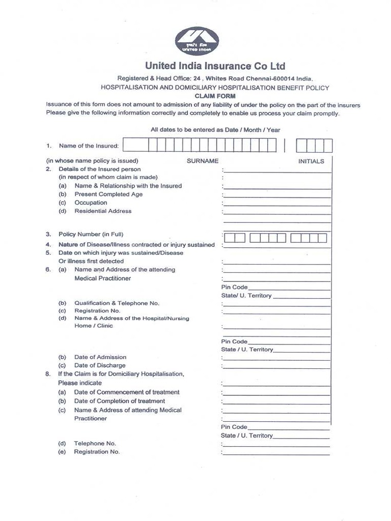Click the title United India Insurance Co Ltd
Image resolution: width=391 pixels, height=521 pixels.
215,66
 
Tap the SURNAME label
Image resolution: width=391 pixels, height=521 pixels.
203,161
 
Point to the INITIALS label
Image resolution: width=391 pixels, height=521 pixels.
311,161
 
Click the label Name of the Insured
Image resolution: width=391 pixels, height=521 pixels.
89,146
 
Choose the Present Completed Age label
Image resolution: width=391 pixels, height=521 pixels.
108,194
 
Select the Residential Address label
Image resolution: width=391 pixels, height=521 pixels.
103,211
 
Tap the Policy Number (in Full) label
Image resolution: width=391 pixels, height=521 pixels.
91,235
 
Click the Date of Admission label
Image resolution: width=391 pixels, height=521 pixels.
100,357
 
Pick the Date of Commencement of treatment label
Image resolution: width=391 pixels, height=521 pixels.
127,392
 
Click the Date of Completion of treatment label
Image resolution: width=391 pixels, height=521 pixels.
120,401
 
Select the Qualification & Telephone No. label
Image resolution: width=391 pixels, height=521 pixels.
117,303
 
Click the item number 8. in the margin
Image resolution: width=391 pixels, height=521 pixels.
48,374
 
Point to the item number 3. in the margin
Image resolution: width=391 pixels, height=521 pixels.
48,235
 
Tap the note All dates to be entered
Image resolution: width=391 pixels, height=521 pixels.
215,130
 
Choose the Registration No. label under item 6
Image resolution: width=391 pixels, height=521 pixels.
97,310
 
